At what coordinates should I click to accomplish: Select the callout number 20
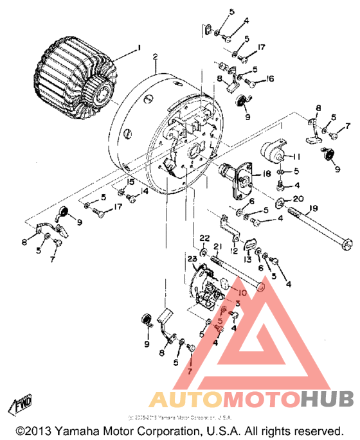point(298,198)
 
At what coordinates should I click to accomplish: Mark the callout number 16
point(270,78)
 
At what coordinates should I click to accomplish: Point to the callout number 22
point(204,238)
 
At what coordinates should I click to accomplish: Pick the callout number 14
point(145,191)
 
